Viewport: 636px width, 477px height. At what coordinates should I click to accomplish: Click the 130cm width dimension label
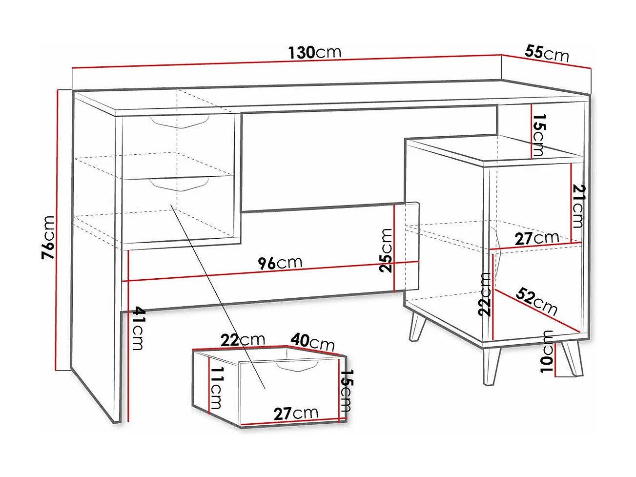(314, 52)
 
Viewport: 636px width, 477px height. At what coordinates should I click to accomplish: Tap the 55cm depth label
(547, 52)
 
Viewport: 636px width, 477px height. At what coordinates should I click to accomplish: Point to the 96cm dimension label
(280, 263)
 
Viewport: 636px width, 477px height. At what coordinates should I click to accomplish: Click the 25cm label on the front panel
(386, 250)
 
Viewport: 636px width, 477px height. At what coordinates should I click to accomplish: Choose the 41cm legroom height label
(138, 328)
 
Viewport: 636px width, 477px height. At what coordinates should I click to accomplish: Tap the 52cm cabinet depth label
(536, 301)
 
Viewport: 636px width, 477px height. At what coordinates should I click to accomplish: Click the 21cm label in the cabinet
(578, 206)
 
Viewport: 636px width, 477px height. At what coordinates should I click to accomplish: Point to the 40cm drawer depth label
(313, 341)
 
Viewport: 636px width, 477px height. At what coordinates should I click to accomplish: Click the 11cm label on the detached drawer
(215, 388)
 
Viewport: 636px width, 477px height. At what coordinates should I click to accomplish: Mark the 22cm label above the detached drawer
(242, 340)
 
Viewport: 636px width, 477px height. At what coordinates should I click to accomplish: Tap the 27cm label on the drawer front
(296, 414)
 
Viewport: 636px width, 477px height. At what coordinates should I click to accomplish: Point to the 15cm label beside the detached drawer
(346, 391)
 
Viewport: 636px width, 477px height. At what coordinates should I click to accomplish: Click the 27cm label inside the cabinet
(536, 239)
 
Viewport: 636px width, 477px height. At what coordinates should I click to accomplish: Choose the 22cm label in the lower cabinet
(485, 294)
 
